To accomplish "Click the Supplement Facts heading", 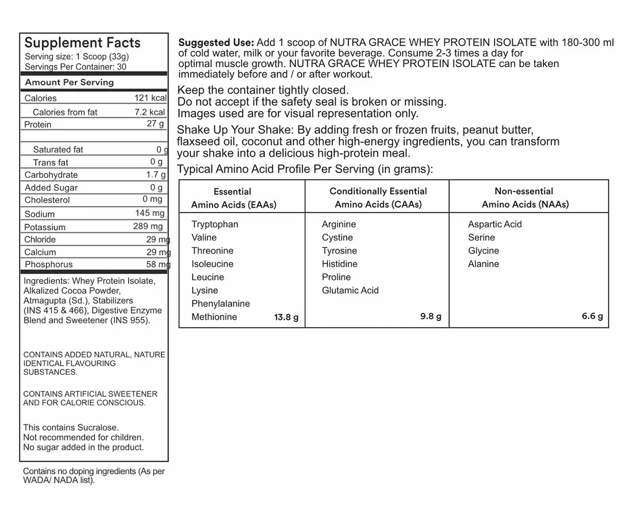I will click(83, 43).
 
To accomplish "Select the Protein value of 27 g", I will click(155, 124).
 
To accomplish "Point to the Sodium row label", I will click(40, 214).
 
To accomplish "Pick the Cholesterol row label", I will click(47, 200).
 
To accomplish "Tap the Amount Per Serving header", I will click(69, 82).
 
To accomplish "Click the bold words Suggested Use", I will click(216, 42).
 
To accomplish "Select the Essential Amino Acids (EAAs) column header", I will click(233, 198).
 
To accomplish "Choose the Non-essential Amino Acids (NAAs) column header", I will click(525, 198).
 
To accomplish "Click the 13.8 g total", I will click(286, 317).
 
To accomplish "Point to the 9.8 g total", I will click(431, 316).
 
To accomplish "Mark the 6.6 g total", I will click(592, 316).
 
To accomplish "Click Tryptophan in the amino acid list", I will click(215, 224).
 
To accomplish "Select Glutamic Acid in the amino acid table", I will click(350, 290).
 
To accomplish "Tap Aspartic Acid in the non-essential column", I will click(494, 224).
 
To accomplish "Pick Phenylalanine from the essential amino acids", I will click(220, 304).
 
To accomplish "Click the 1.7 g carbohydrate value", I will click(156, 175).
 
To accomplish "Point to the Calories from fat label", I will click(65, 112).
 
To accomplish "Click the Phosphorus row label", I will click(49, 264).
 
